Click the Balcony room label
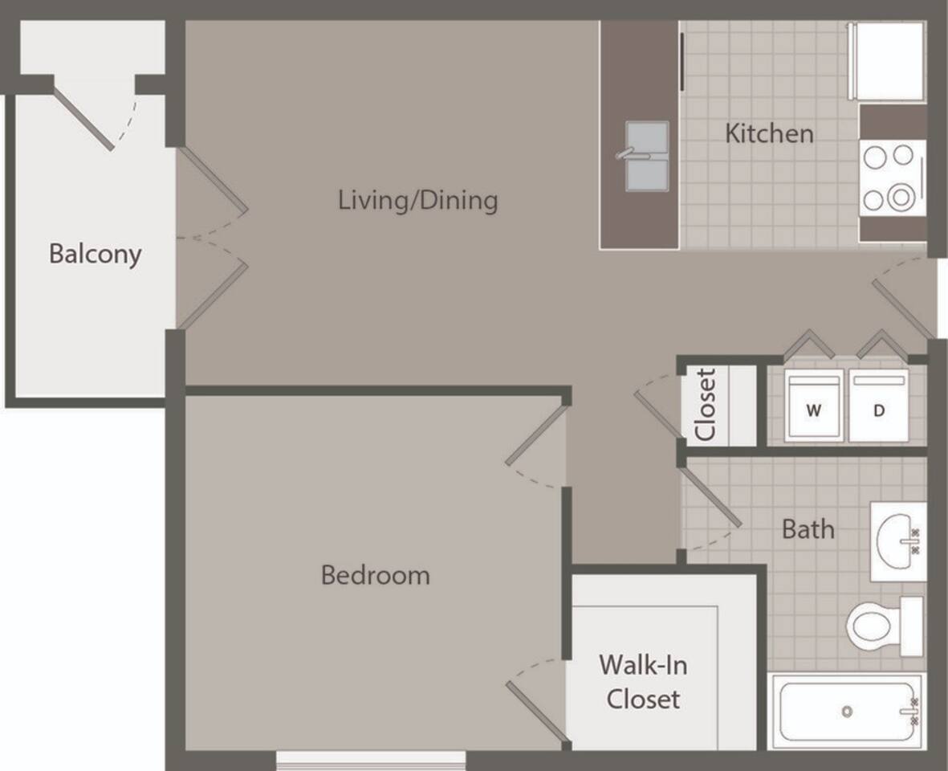point(95,254)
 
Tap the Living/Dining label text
point(417,199)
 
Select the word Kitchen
point(769,133)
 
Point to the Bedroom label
point(375,575)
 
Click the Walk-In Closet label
point(643,682)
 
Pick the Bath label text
point(808,529)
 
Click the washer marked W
point(814,406)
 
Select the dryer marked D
point(879,406)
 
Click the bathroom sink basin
point(897,541)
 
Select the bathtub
point(847,712)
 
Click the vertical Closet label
point(706,405)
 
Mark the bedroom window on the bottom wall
point(371,759)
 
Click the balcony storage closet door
point(84,119)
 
